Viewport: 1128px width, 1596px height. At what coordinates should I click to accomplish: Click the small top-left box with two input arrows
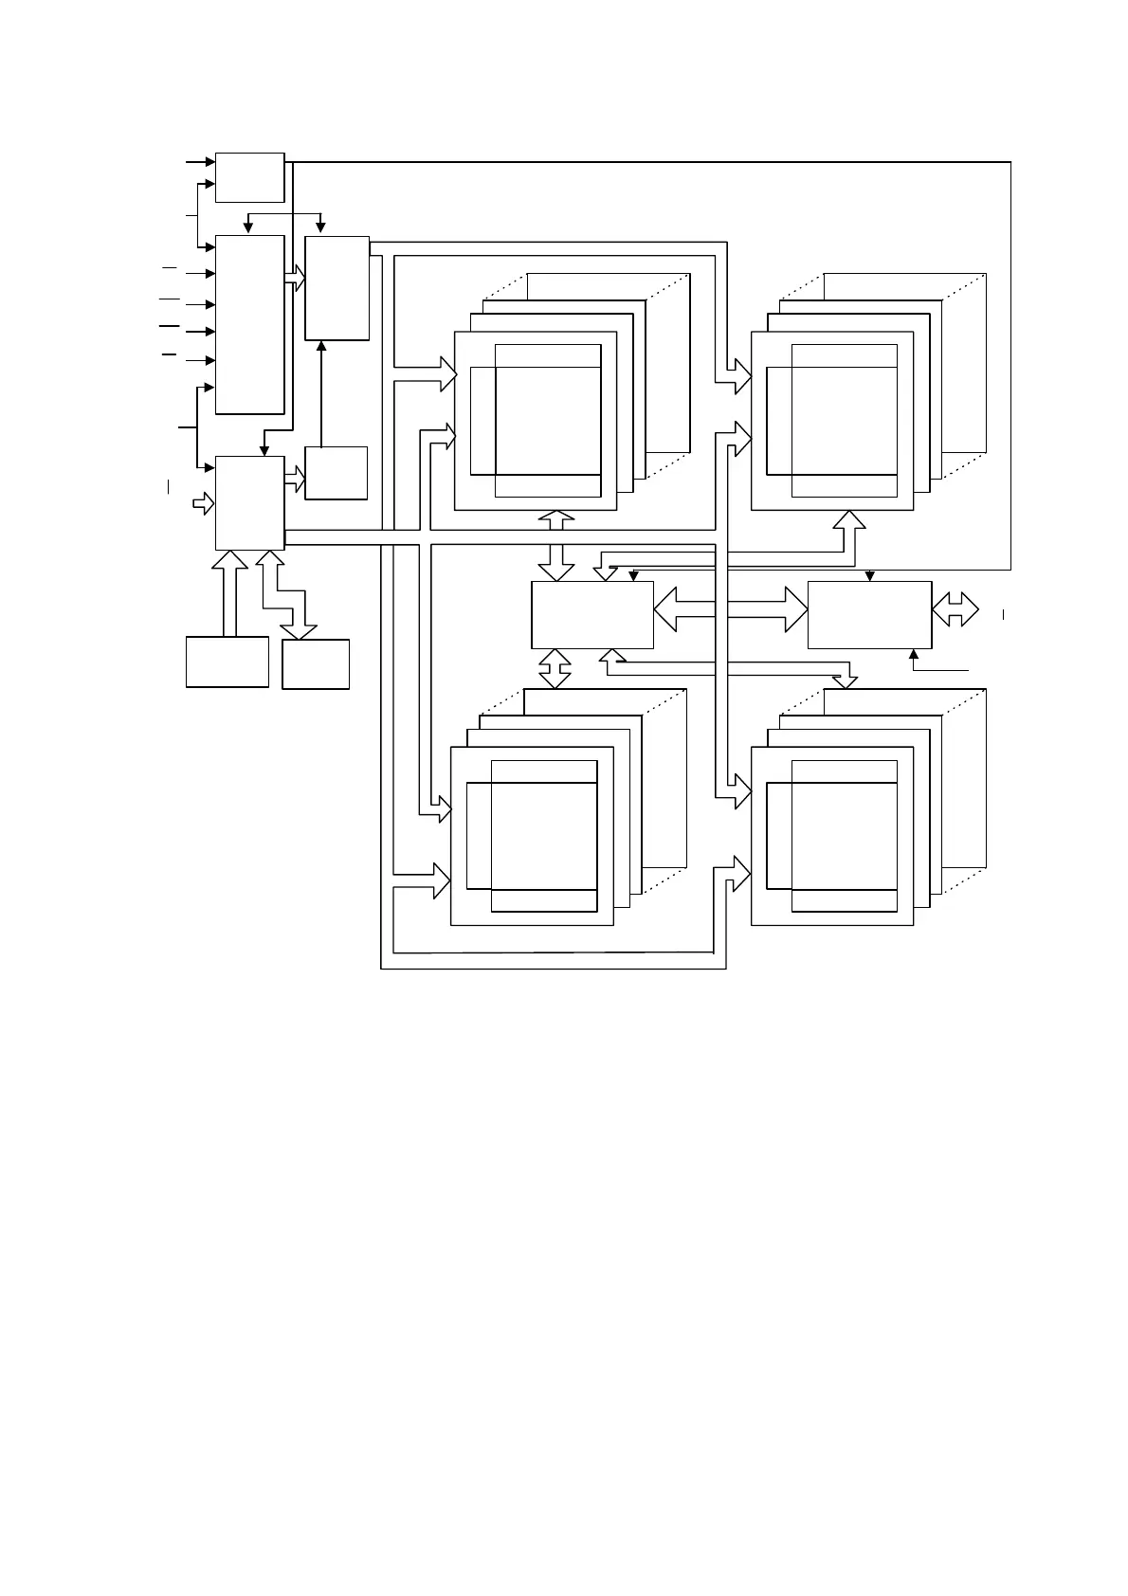(x=249, y=176)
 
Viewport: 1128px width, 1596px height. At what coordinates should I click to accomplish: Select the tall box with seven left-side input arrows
(x=249, y=324)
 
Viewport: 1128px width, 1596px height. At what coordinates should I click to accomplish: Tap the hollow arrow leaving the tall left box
(x=295, y=278)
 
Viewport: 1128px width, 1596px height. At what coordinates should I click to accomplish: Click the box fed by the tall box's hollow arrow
(x=337, y=288)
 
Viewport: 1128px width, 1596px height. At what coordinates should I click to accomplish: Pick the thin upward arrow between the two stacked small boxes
(x=321, y=393)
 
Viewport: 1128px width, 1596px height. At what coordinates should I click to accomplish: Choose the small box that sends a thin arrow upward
(x=336, y=472)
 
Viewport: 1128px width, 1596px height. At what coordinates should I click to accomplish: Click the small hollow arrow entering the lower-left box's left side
(x=204, y=502)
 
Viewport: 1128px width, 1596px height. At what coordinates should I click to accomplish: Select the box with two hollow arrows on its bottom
(x=249, y=502)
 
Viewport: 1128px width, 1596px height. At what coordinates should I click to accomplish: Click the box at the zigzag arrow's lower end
(x=316, y=663)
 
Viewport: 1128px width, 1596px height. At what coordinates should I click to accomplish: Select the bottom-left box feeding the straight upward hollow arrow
(x=227, y=662)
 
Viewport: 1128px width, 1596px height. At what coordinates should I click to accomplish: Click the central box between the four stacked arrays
(x=591, y=614)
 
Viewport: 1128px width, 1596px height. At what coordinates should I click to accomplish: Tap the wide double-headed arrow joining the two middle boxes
(x=730, y=608)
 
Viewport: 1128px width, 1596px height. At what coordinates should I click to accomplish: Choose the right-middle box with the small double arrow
(x=869, y=614)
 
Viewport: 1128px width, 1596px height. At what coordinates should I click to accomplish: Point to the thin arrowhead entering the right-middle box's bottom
(x=913, y=654)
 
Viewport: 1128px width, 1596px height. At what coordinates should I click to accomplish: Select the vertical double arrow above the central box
(x=556, y=545)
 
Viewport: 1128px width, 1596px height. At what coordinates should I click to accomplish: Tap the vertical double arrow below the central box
(x=555, y=668)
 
